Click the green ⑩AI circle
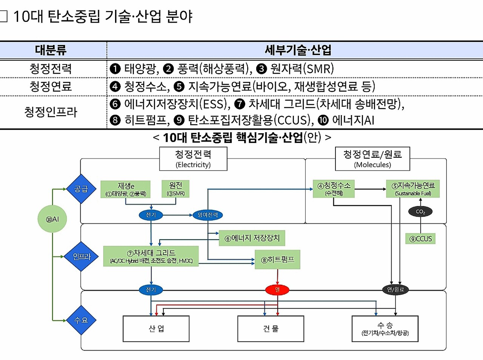pos(52,219)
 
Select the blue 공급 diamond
pos(81,189)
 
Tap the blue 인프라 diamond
pos(82,257)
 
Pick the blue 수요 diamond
pos(81,320)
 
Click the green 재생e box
pos(125,189)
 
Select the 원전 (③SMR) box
pos(175,189)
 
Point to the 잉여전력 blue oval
pos(208,215)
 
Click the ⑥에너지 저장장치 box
pos(252,238)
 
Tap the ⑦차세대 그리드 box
pos(151,256)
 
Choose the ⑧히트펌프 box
pos(277,260)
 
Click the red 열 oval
pos(277,289)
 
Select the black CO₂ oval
pos(420,212)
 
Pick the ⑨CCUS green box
pos(420,238)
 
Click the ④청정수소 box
pos(334,189)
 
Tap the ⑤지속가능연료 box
pos(413,189)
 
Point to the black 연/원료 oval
pos(395,289)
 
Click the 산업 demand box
pos(156,329)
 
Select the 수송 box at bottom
pos(385,329)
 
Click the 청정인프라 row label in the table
pos(51,112)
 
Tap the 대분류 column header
pos(51,50)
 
